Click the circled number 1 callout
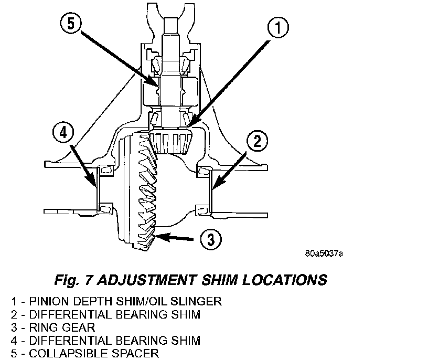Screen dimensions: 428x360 point(278,28)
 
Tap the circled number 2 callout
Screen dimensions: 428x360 point(257,141)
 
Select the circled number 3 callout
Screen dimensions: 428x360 point(211,239)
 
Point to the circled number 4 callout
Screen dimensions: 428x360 point(63,133)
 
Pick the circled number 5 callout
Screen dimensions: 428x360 point(71,23)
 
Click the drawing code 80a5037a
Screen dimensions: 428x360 point(324,253)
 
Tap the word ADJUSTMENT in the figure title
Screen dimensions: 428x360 point(147,280)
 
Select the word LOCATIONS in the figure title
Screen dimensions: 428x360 point(285,280)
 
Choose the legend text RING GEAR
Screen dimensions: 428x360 point(62,327)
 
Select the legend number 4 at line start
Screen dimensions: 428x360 point(14,341)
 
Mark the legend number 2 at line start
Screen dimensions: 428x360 point(14,314)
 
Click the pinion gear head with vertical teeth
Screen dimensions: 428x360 point(172,141)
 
